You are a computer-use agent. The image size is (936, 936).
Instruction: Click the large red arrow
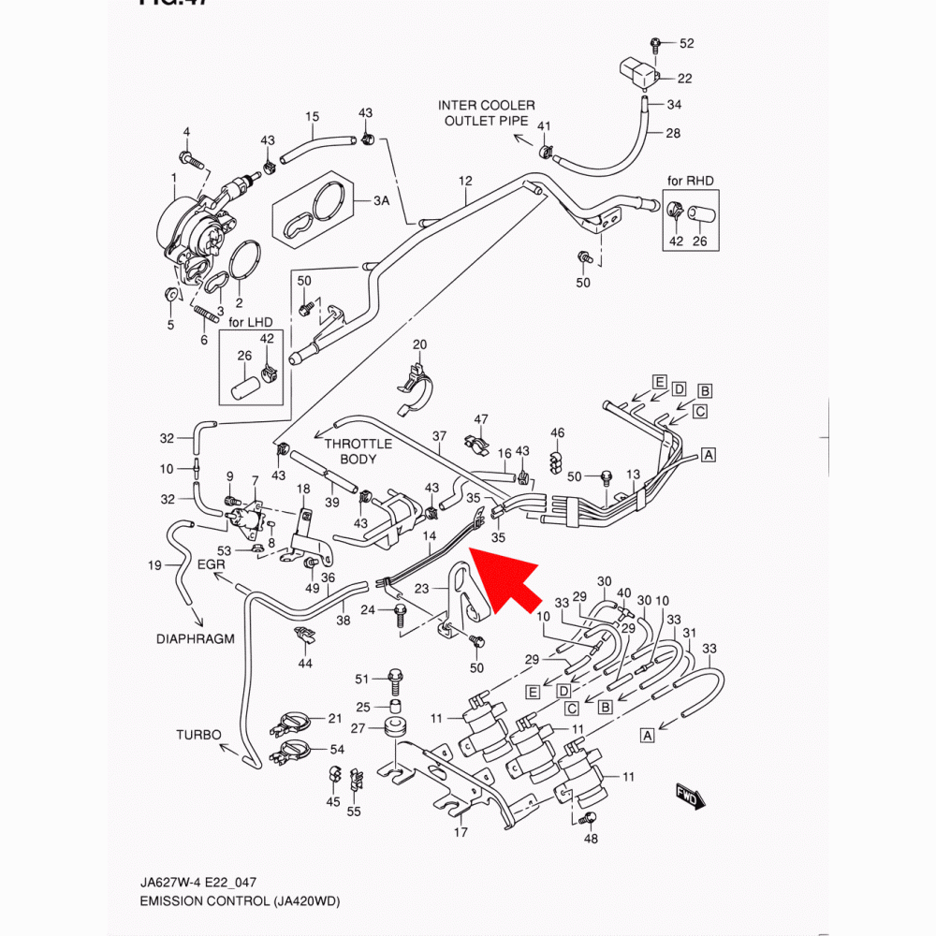click(504, 581)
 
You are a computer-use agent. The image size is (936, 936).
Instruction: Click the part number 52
click(687, 44)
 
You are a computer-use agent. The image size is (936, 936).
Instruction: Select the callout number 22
click(685, 79)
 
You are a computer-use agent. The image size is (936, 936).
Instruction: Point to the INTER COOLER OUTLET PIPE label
click(487, 113)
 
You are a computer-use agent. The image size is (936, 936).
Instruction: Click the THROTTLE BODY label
click(358, 452)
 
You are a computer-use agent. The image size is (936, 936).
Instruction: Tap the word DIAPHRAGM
click(195, 639)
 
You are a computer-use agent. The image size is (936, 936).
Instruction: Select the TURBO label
click(198, 735)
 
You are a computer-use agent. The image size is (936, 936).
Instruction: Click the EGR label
click(212, 565)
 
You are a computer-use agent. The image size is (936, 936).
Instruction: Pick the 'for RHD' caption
click(691, 180)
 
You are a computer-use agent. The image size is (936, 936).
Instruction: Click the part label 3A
click(381, 201)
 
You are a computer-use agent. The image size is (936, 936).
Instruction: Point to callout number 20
click(419, 345)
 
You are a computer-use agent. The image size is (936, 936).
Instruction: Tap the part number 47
click(481, 418)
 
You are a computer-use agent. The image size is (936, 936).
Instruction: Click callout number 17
click(461, 832)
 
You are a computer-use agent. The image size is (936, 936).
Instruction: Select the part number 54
click(337, 750)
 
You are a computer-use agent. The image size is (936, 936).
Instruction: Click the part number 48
click(591, 839)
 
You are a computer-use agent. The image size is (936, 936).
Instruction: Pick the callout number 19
click(155, 564)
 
